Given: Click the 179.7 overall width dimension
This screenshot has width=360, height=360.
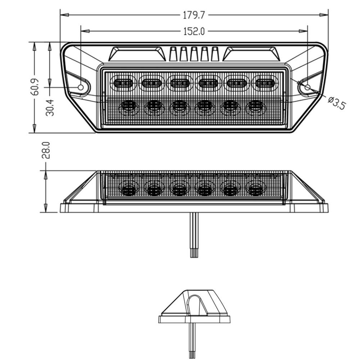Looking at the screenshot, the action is pyautogui.click(x=194, y=15).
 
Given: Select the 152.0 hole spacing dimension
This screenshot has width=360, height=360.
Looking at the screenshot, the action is pyautogui.click(x=194, y=31).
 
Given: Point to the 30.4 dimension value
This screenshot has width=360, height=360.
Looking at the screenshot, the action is pyautogui.click(x=50, y=107).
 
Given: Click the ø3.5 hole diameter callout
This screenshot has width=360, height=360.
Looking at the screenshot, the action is pyautogui.click(x=337, y=103).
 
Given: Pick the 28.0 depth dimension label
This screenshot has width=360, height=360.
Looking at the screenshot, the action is pyautogui.click(x=46, y=150).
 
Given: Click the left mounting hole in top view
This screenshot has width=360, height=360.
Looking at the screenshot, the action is pyautogui.click(x=81, y=87).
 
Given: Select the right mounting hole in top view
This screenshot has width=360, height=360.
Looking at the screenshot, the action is pyautogui.click(x=307, y=87).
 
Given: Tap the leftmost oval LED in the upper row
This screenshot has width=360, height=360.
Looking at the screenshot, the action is pyautogui.click(x=123, y=83).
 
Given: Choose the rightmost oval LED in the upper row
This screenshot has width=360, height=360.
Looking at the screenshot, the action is pyautogui.click(x=265, y=83).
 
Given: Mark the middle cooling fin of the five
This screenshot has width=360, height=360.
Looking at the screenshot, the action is pyautogui.click(x=194, y=54).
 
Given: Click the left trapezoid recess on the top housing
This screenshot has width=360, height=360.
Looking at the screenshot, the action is pyautogui.click(x=137, y=54).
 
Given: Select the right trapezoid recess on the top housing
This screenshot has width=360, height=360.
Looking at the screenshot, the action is pyautogui.click(x=251, y=54).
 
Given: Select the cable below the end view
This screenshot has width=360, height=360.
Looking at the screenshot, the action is pyautogui.click(x=192, y=341).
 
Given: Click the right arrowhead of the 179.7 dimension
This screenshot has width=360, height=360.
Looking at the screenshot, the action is pyautogui.click(x=324, y=15).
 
